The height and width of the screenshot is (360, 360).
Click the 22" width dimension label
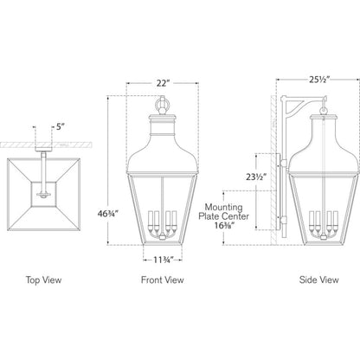coord(162,83)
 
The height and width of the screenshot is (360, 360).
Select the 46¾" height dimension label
coord(108,214)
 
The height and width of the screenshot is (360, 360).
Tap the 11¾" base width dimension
coord(163,260)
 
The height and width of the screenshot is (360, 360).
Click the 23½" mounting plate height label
coord(256,177)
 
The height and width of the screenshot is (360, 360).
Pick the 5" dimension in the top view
coord(59,127)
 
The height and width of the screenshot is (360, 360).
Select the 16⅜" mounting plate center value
coord(224,225)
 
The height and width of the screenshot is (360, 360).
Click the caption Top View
coord(43,280)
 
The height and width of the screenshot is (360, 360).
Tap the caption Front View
coord(162,280)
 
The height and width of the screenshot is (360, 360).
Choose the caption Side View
coord(318,280)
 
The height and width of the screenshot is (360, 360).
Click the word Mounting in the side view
coord(224,207)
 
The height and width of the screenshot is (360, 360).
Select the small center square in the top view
coord(43,195)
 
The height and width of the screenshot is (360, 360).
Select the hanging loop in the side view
coord(324,109)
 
